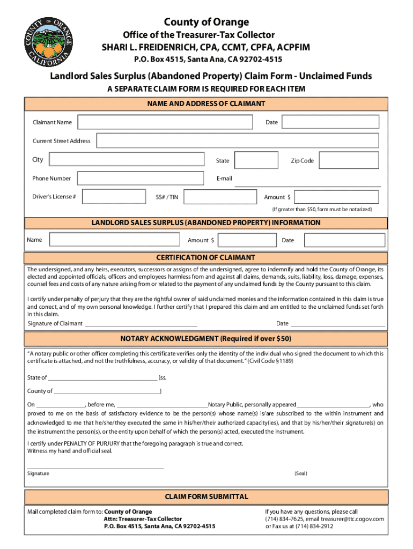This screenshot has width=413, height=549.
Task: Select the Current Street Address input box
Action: click(238, 141)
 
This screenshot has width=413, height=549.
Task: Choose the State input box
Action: click(256, 160)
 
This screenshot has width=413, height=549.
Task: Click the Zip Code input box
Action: click(349, 160)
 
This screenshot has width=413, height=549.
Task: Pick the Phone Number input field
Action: click(140, 179)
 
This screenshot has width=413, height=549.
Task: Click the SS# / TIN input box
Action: click(218, 197)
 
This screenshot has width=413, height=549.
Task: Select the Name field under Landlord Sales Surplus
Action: click(113, 240)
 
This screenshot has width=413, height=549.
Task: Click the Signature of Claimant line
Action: click(141, 324)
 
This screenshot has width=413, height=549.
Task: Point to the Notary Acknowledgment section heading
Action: click(205, 339)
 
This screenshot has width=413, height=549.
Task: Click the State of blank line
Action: click(102, 378)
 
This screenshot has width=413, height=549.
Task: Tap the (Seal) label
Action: click(300, 473)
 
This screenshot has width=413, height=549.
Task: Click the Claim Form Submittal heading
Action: click(206, 497)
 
